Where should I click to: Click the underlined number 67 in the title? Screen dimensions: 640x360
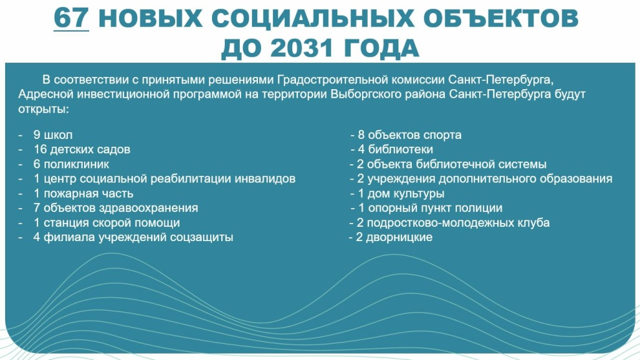coord(71,18)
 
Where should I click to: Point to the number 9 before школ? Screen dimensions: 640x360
coord(37,134)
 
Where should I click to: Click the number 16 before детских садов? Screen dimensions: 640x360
coord(41,149)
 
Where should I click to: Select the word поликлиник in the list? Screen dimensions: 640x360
coord(76,164)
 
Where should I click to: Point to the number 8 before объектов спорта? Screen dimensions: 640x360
coord(361,134)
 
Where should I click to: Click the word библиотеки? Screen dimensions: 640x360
coord(400,149)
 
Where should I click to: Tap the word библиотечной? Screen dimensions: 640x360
coord(454,164)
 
